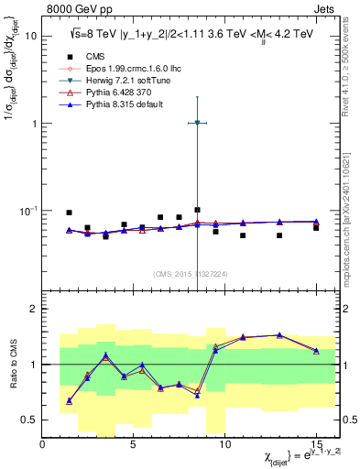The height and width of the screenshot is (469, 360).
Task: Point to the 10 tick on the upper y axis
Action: [31, 37]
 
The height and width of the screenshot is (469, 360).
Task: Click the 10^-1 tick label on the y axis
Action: [27, 210]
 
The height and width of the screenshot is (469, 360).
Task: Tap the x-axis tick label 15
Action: [316, 443]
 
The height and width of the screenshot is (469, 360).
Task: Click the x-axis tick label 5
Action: [134, 443]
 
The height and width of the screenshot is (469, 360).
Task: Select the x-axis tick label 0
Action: [43, 443]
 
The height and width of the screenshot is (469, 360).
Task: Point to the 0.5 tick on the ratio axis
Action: [29, 420]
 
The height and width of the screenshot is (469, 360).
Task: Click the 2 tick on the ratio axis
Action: [34, 309]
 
